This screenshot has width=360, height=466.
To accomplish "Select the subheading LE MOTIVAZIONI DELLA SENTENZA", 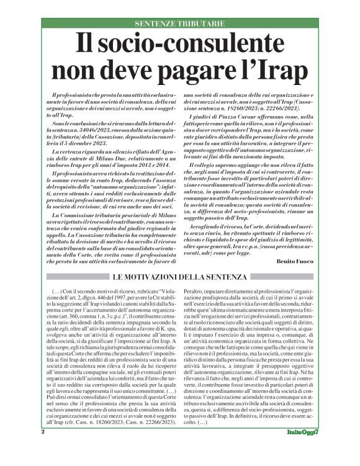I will click(179, 276).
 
